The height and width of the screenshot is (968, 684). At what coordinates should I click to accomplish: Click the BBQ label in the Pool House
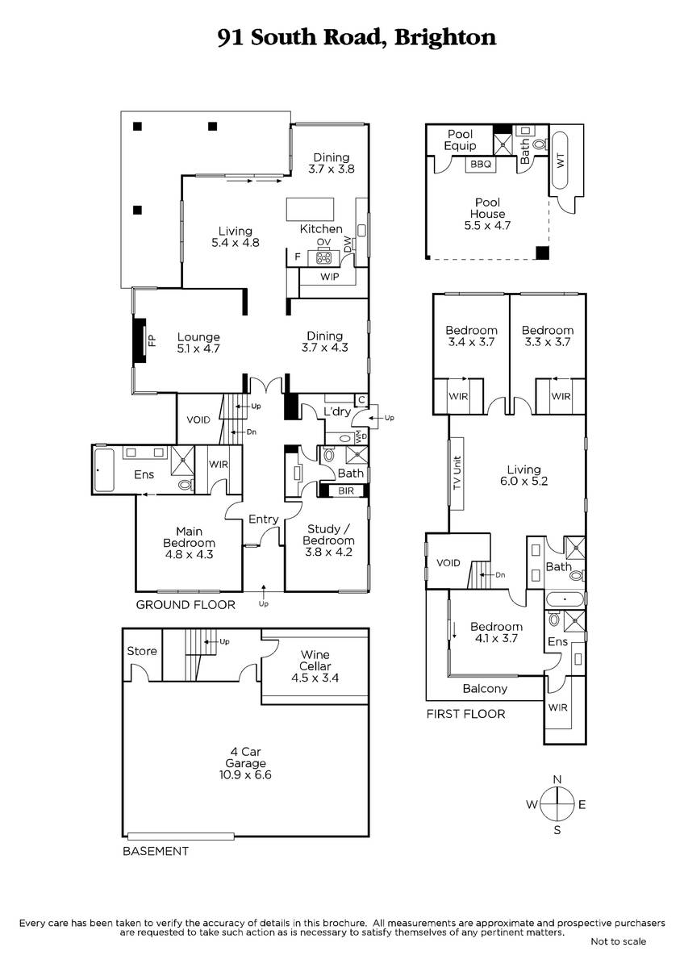tap(481, 165)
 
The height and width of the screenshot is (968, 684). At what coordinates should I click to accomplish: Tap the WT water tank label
tap(561, 161)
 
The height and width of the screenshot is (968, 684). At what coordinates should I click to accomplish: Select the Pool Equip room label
tap(461, 140)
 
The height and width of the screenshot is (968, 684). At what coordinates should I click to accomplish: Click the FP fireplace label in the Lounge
tap(152, 341)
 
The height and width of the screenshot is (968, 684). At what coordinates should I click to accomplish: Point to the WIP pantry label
tap(330, 277)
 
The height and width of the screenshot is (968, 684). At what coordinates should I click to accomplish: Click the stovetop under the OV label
tap(323, 258)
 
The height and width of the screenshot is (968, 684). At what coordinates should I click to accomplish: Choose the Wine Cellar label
tap(315, 661)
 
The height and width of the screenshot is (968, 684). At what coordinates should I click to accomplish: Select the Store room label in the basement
tap(142, 651)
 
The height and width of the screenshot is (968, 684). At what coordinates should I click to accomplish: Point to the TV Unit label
tap(457, 474)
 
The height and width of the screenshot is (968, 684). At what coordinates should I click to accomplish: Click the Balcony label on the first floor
tap(485, 688)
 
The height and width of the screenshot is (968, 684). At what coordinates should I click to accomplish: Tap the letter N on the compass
tap(557, 779)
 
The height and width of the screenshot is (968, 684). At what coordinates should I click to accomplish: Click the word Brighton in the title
tap(445, 38)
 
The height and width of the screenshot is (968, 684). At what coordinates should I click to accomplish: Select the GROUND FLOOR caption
tap(186, 604)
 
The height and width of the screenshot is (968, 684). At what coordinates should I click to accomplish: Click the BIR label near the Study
tap(346, 490)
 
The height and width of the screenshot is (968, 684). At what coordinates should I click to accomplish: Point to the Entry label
tap(263, 519)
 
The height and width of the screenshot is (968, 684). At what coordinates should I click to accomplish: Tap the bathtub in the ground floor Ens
tap(104, 469)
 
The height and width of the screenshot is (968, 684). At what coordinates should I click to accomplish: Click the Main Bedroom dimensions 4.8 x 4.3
tap(190, 554)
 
